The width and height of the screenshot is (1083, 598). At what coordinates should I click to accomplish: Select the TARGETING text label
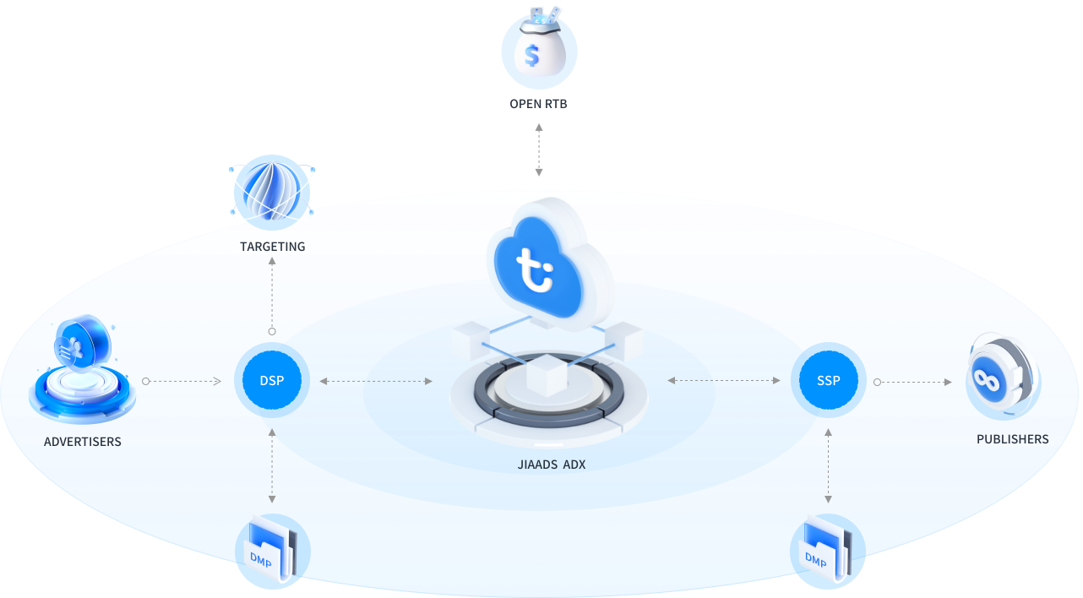click(272, 247)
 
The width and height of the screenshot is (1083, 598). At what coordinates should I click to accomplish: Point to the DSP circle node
click(272, 381)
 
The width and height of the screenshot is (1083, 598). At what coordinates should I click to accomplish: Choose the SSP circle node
click(828, 381)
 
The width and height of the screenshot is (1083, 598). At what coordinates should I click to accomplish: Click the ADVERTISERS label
click(82, 442)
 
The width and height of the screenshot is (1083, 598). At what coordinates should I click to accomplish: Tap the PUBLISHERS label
click(1012, 439)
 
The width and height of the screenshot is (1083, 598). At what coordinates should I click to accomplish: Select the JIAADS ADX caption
click(551, 464)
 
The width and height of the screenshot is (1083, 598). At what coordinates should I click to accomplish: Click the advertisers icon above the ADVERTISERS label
click(82, 372)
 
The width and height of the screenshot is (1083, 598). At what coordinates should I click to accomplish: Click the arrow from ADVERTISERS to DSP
click(182, 382)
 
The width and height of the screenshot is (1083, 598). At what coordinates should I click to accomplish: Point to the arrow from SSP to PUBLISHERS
click(913, 382)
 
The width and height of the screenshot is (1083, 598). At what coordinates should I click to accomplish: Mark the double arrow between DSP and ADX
click(377, 382)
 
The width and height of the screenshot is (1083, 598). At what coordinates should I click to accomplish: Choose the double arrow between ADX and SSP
click(724, 382)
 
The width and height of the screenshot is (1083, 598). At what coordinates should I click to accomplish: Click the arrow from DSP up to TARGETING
click(272, 295)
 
